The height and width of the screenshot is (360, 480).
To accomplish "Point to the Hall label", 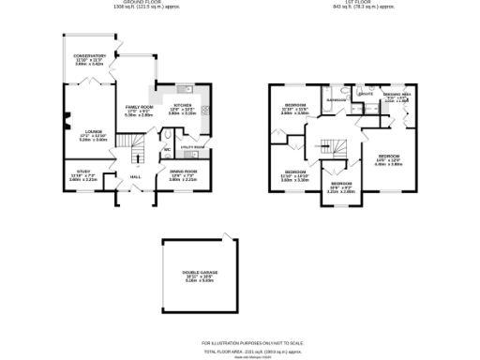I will [135, 176].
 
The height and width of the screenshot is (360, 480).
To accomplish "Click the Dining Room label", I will [183, 171].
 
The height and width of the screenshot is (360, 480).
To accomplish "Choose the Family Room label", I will [140, 108].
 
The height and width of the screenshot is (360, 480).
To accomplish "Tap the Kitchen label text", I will [183, 105].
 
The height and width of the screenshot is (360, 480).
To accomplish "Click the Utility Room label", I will [192, 147].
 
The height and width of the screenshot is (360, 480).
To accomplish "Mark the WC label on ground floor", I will [167, 149].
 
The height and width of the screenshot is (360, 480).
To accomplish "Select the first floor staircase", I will [330, 148].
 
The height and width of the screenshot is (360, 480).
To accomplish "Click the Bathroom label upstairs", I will [337, 98].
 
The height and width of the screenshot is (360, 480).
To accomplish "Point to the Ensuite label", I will [367, 94].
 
